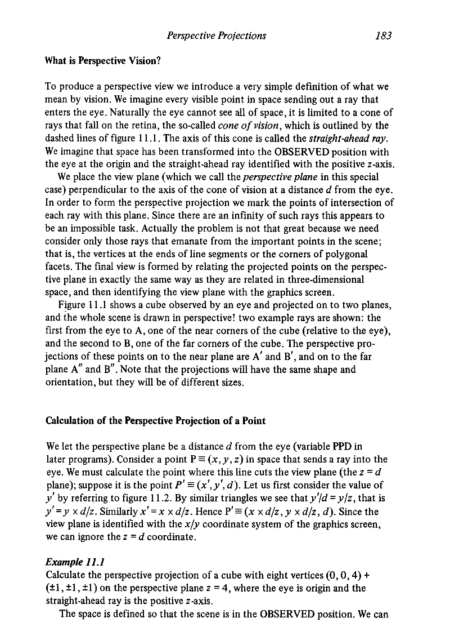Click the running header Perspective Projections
(x=217, y=36)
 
